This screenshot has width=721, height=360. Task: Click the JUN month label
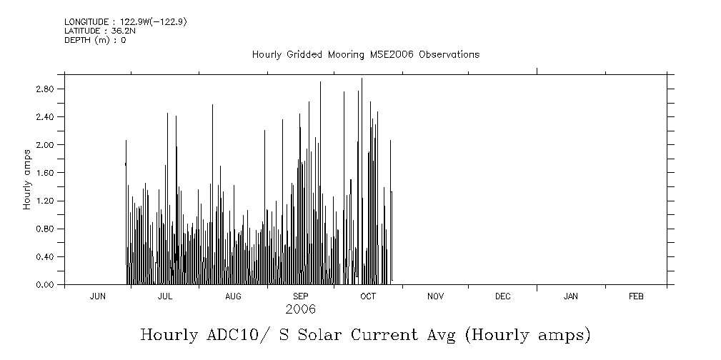click(x=98, y=296)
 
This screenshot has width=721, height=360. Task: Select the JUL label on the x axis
click(x=165, y=296)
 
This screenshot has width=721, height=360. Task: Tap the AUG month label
click(x=233, y=296)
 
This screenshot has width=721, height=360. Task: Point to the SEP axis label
click(x=301, y=296)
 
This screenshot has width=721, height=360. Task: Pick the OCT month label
click(x=368, y=296)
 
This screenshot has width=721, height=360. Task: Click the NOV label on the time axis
click(x=435, y=296)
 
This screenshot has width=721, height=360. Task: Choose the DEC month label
click(x=502, y=296)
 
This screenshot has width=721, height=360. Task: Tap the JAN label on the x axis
click(x=571, y=296)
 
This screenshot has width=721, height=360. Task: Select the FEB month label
click(x=636, y=296)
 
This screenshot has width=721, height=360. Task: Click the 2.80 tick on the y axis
click(x=45, y=89)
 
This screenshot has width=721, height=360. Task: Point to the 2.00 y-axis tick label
click(x=45, y=145)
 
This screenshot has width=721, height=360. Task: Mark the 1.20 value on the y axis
click(x=45, y=201)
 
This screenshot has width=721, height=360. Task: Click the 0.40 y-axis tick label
click(x=45, y=257)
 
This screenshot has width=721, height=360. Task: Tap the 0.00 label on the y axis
click(x=45, y=285)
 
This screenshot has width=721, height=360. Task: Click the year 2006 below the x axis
click(x=300, y=310)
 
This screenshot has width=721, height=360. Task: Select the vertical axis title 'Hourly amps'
click(x=27, y=179)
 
